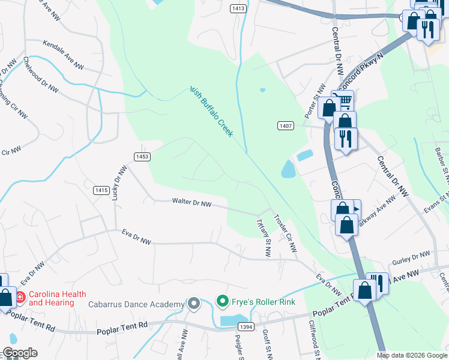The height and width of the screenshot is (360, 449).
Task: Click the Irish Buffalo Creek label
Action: click(211, 112)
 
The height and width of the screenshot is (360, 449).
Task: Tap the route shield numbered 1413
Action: click(238, 8)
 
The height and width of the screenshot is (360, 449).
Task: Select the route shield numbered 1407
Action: click(285, 125)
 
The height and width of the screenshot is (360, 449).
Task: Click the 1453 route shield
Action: click(142, 157)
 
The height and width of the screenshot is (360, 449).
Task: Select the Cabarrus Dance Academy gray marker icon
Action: click(193, 304)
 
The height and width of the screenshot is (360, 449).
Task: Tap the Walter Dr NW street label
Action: click(191, 204)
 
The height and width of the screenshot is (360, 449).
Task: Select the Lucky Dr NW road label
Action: click(117, 182)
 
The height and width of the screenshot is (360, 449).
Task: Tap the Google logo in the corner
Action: click(19, 353)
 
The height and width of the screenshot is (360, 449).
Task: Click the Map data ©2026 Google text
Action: click(411, 355)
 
